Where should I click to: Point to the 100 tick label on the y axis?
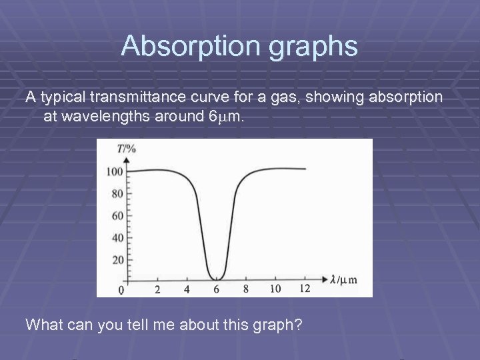point(115,172)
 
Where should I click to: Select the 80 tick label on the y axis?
point(117,194)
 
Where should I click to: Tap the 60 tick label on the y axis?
point(117,216)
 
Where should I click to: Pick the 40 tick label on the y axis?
point(117,238)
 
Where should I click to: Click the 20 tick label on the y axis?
point(117,260)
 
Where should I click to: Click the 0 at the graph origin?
point(121,290)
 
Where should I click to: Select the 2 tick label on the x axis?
point(157,289)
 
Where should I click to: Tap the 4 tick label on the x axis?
point(187,289)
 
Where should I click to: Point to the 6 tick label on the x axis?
point(216,289)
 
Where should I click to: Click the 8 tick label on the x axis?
point(246,289)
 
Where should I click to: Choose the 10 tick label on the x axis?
point(275,289)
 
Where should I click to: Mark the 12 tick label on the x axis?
point(305,289)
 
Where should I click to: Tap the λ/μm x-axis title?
point(343,279)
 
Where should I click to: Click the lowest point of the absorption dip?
point(217,279)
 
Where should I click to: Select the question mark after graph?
point(298,325)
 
